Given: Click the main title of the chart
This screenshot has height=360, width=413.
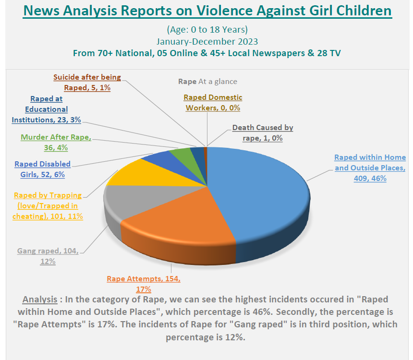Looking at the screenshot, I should (x=207, y=11).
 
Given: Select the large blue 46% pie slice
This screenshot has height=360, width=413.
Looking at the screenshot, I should (x=259, y=192).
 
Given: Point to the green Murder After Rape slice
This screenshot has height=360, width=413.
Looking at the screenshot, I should (x=182, y=154).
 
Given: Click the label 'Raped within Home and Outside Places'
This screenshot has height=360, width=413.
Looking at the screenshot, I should (x=370, y=168).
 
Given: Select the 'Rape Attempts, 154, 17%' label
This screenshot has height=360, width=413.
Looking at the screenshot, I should (x=143, y=284).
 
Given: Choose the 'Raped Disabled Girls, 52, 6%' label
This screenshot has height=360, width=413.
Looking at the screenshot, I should (x=42, y=169).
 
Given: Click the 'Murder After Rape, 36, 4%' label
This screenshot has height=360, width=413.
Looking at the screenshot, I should (x=55, y=142).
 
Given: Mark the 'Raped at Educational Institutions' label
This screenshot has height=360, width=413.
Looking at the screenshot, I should (x=46, y=109).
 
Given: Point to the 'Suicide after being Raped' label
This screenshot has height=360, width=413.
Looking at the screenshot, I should (x=87, y=82).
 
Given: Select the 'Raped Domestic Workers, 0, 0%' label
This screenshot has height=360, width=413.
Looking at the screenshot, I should (x=213, y=103).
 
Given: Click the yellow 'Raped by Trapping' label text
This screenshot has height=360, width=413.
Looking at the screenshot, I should (x=48, y=205).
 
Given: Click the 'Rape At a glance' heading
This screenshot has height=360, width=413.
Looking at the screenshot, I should (x=207, y=82).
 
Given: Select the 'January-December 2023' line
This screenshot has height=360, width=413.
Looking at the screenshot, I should (x=207, y=41).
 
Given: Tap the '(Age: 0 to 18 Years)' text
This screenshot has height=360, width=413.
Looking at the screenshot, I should (x=207, y=30).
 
